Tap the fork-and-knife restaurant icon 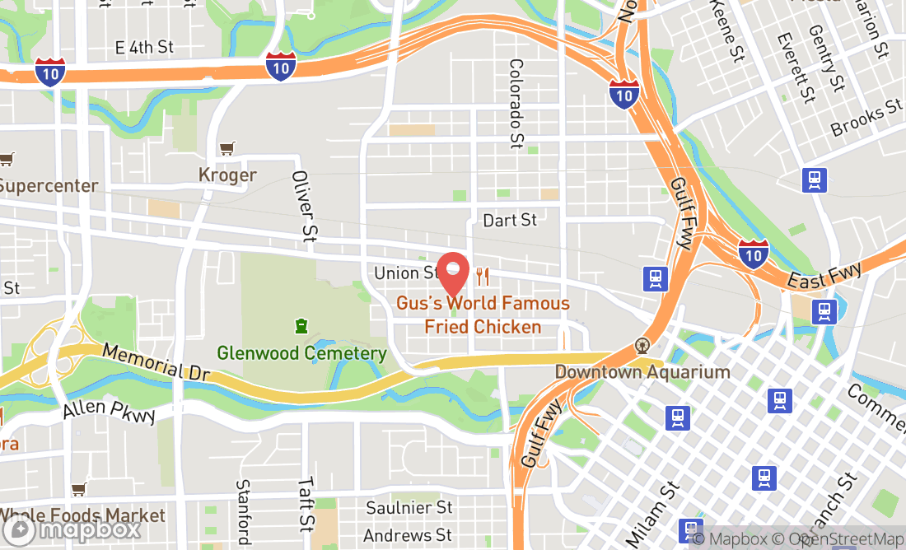(x=483, y=277)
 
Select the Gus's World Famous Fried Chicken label (x=483, y=315)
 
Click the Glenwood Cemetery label (x=301, y=353)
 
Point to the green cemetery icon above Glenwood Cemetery (x=301, y=327)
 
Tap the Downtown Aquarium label (x=642, y=371)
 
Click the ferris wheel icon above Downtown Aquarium (x=642, y=346)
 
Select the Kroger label (x=227, y=175)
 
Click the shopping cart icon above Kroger (x=227, y=149)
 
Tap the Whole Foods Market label (x=82, y=516)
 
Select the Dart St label (x=510, y=220)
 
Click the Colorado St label (x=516, y=104)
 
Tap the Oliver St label (x=304, y=207)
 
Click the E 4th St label (x=145, y=47)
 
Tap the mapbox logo (x=72, y=530)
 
